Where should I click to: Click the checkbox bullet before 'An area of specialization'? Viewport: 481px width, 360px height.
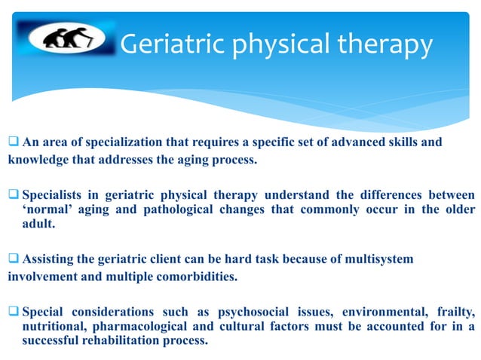pyautogui.click(x=14, y=141)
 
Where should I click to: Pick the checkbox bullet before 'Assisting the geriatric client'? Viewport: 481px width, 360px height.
pyautogui.click(x=14, y=259)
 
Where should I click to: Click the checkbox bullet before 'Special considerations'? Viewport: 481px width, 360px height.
pyautogui.click(x=14, y=312)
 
